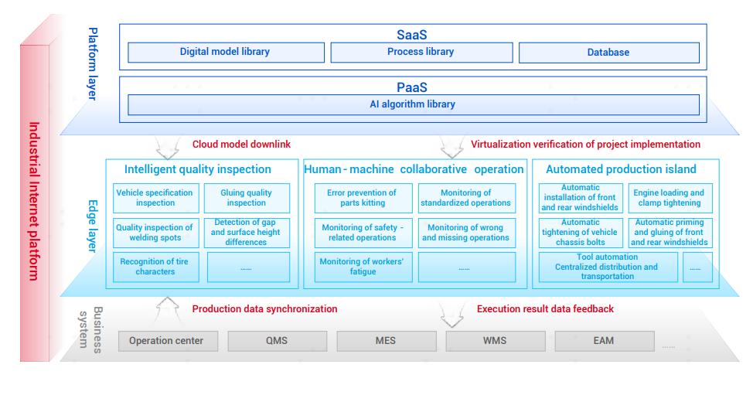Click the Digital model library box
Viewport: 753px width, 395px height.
pyautogui.click(x=226, y=53)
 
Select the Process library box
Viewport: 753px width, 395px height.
pyautogui.click(x=421, y=53)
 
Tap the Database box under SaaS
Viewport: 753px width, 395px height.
pyautogui.click(x=608, y=53)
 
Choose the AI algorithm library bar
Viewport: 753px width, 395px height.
pyautogui.click(x=413, y=104)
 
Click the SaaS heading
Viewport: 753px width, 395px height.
pyautogui.click(x=411, y=35)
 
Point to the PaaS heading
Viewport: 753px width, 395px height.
pyautogui.click(x=411, y=87)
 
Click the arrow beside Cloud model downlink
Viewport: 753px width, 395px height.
pyautogui.click(x=167, y=148)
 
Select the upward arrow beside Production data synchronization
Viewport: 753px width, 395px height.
pyautogui.click(x=167, y=309)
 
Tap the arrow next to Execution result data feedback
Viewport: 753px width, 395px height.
pyautogui.click(x=452, y=315)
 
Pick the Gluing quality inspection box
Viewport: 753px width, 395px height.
pyautogui.click(x=247, y=198)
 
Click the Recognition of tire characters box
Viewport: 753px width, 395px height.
pyautogui.click(x=155, y=267)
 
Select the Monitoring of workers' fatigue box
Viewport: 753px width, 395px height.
pyautogui.click(x=363, y=267)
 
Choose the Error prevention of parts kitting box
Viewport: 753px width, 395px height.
pyautogui.click(x=363, y=198)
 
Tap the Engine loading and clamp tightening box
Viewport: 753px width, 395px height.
pyautogui.click(x=670, y=198)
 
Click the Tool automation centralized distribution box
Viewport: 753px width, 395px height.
pyautogui.click(x=608, y=267)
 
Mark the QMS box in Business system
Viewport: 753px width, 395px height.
pyautogui.click(x=277, y=341)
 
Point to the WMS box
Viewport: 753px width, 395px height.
pyautogui.click(x=495, y=341)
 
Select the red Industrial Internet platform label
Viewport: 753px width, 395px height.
pyautogui.click(x=34, y=201)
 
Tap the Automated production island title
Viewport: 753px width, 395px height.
pyautogui.click(x=621, y=169)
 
